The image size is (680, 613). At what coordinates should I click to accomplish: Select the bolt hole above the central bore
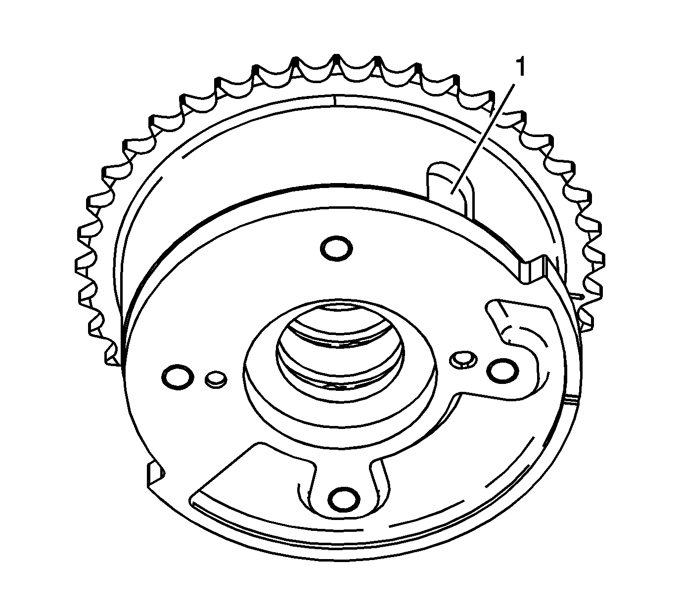pos(336,247)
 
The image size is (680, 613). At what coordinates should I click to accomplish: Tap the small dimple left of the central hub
pos(215,379)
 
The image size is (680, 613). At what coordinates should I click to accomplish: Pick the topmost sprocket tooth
pos(336,62)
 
